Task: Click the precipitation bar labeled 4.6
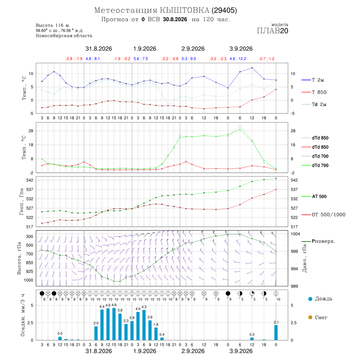click(x=114, y=324)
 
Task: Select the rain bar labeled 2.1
click(x=276, y=333)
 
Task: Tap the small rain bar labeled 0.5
click(x=60, y=338)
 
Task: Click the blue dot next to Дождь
click(x=310, y=299)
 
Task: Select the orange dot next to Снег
click(x=310, y=317)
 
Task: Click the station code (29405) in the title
click(x=224, y=10)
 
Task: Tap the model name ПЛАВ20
click(x=272, y=31)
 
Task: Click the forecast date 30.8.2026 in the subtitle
click(x=175, y=20)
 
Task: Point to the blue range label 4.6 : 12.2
click(x=238, y=59)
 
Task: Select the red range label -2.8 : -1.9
click(x=74, y=59)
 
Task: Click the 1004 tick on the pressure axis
click(x=295, y=234)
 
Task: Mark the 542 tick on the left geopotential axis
click(x=30, y=180)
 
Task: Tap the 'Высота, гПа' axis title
click(x=19, y=258)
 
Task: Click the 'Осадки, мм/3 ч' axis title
click(x=23, y=315)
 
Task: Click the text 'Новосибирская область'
click(x=64, y=36)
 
